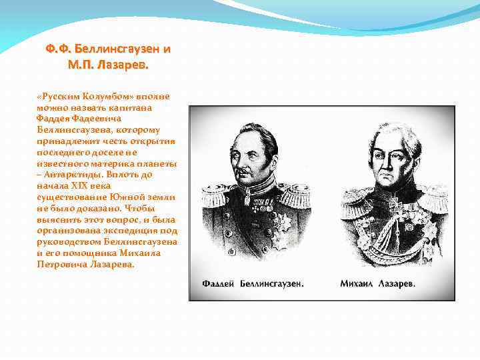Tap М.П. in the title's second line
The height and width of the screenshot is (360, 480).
point(81,65)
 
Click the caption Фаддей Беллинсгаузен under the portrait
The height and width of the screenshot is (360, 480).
point(253,283)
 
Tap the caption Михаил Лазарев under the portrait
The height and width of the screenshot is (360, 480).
point(377,283)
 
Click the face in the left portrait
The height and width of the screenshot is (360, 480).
point(251,155)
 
